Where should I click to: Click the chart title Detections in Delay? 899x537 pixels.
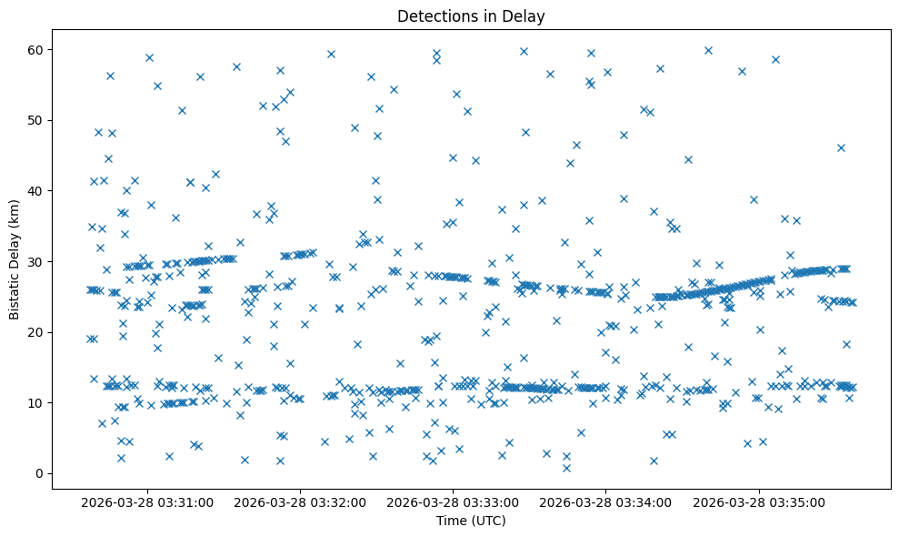tap(471, 15)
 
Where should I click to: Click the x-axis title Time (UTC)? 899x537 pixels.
tap(471, 521)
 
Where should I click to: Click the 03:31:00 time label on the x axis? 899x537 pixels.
tap(147, 502)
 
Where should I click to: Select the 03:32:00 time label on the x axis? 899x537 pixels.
tap(301, 502)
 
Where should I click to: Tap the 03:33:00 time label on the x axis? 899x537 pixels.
tap(454, 502)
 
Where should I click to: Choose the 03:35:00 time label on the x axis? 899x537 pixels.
tap(760, 502)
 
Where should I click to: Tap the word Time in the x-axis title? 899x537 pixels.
tap(451, 521)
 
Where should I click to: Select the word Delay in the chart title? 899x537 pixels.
tap(526, 15)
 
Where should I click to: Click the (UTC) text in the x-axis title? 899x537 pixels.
tap(487, 521)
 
